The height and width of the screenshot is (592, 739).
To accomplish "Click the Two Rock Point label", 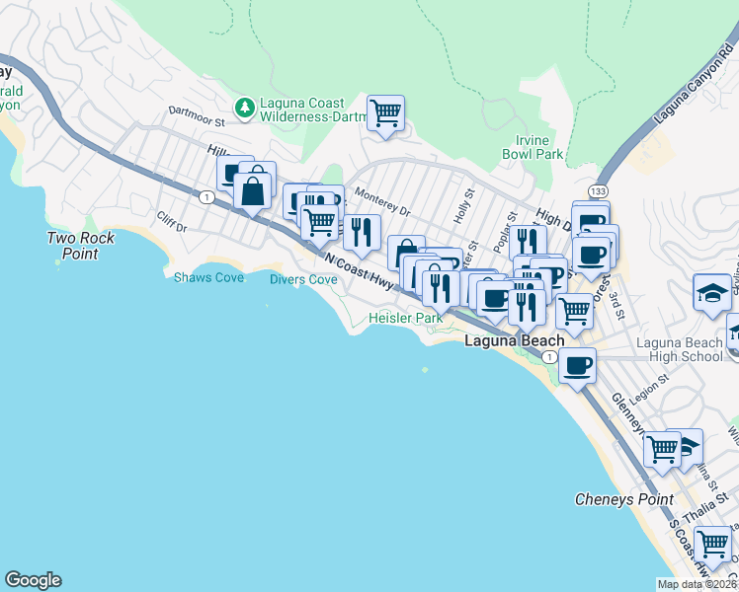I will pos(81,246).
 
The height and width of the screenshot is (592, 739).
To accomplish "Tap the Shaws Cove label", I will pos(208,278).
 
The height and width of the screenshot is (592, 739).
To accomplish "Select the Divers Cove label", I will pos(303,279).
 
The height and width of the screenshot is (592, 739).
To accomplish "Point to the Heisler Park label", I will pos(405,318).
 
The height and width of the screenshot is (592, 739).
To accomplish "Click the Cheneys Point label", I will pos(624,499).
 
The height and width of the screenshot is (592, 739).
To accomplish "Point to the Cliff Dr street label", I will pos(171,222).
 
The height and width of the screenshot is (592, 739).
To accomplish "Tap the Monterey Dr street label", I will pos(381,202).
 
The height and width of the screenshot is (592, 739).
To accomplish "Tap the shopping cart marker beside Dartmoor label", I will pos(385,112).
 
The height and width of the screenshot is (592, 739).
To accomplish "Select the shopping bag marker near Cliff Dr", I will pos(254,189).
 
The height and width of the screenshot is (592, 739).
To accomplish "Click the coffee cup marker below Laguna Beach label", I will pos(578,365).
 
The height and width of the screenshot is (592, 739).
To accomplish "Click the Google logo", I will pos(33,580).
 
